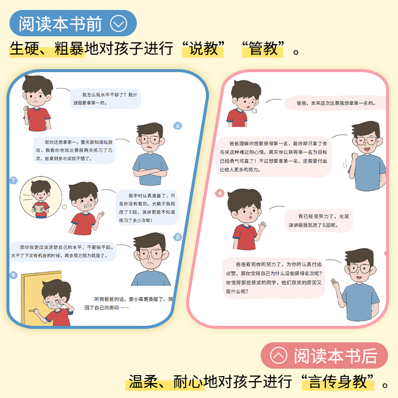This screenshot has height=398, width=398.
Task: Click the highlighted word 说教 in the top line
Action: pyautogui.click(x=203, y=49)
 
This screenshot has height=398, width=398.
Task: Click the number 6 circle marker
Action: pyautogui.click(x=178, y=125)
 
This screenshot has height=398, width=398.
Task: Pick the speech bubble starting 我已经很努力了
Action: pyautogui.click(x=318, y=220)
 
